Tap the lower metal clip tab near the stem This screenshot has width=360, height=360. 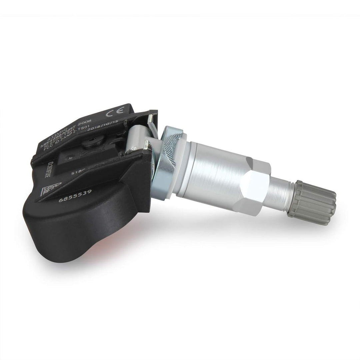click(x=147, y=144)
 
